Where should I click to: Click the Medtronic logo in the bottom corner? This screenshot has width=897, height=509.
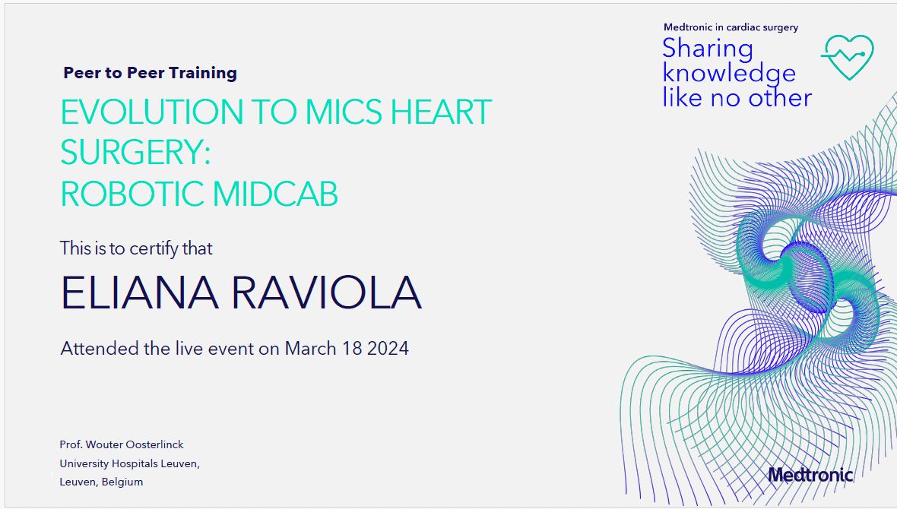coord(810,475)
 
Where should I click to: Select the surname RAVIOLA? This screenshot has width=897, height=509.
coord(327,292)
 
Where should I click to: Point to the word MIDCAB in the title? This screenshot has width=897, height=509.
coord(275,194)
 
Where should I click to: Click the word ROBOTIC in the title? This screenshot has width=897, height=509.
coord(132,194)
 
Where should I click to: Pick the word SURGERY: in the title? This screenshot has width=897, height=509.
coord(135,152)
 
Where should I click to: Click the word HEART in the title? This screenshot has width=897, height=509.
coord(441,112)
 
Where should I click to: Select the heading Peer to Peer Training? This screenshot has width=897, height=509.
coord(150,73)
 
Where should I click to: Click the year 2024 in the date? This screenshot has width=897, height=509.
coord(388,348)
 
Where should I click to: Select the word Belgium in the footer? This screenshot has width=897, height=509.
coord(122,482)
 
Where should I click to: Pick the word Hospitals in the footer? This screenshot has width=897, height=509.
coord(135,463)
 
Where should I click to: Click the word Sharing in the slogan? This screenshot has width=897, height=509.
coord(708,49)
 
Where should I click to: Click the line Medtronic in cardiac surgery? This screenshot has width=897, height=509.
coord(731,27)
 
